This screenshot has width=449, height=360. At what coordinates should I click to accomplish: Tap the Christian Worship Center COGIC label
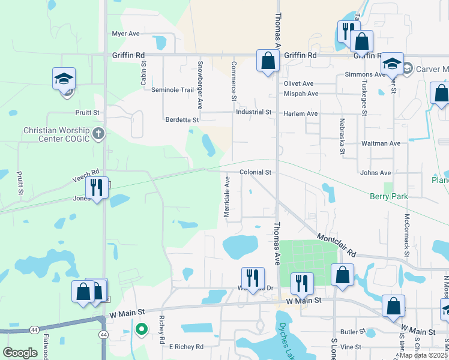[x=56, y=134]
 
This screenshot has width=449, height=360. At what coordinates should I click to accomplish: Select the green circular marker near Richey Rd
[x=142, y=329]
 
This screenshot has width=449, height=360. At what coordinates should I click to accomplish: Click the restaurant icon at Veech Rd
[x=95, y=187]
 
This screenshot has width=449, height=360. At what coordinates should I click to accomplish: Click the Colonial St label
[x=256, y=172]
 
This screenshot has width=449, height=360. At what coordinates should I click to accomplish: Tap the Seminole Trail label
[x=172, y=90]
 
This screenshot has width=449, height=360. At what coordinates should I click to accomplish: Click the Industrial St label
[x=254, y=112]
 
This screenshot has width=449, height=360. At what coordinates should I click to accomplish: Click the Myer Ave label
[x=125, y=34]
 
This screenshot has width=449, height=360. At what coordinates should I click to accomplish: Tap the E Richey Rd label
[x=186, y=347]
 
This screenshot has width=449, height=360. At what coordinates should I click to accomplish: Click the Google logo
[x=20, y=353]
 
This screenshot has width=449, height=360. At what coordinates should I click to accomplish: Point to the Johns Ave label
[x=376, y=173]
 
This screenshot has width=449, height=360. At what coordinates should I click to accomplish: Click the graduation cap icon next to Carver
[x=392, y=63]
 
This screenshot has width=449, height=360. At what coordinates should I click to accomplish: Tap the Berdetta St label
[x=182, y=120]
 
